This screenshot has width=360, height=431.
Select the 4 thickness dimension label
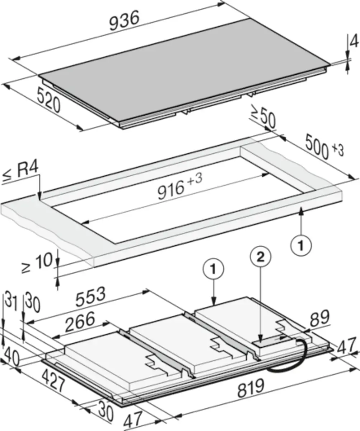coord(354,42)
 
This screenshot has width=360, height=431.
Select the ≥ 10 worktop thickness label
coord(37,263)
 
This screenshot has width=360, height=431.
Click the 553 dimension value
coord(91,296)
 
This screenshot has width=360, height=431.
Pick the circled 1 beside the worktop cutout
coord(301,246)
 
